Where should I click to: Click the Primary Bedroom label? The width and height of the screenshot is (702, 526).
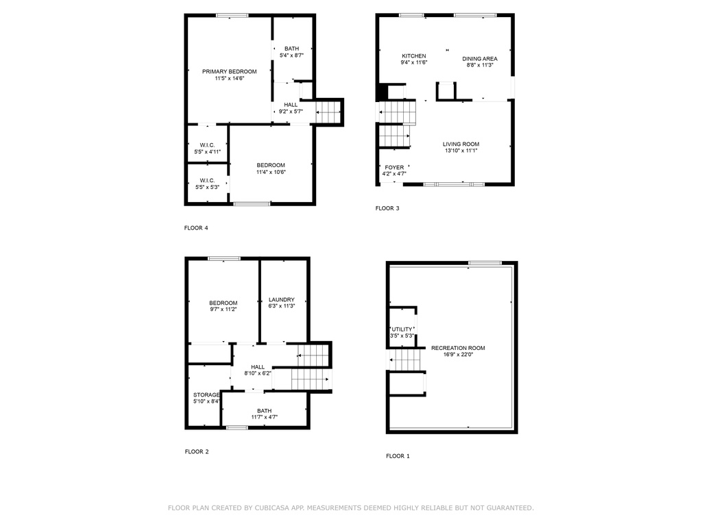coord(229,71)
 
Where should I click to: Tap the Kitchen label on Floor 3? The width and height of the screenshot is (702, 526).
coord(413,56)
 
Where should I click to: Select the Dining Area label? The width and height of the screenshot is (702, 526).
coord(479,59)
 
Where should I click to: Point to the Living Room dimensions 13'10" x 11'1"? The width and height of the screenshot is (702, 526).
coord(461,151)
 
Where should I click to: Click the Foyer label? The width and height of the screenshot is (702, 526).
coord(394,167)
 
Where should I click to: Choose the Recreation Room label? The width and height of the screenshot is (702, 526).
coord(458,348)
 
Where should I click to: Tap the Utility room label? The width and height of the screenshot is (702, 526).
coord(402,329)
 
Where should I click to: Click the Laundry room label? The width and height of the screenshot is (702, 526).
coord(282,300)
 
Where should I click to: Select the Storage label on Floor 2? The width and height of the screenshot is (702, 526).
coord(206,395)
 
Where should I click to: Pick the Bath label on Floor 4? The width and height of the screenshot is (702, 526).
coord(291,49)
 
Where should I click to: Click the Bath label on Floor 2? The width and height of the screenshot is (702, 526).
coord(264,411)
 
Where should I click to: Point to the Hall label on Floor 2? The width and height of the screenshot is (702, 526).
coord(258,367)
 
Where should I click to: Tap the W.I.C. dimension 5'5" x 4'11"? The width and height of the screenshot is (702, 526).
coord(207,151)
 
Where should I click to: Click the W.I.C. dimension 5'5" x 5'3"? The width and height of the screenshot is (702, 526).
coord(207,187)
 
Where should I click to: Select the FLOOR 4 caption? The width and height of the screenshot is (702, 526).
coord(196,228)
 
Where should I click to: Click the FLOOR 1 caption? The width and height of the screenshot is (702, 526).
coord(398,456)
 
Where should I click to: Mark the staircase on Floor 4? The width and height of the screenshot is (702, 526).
coord(328,112)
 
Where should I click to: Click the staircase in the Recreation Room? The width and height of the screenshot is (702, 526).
coord(406,360)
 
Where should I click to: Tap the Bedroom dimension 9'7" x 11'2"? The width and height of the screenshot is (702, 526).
coord(223,309)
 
